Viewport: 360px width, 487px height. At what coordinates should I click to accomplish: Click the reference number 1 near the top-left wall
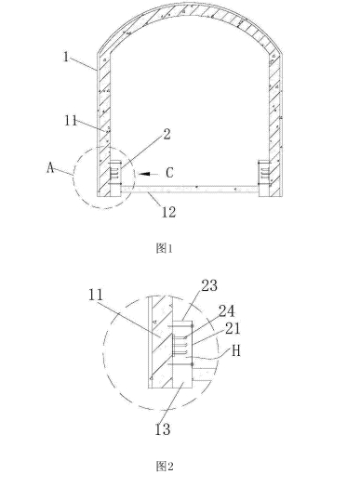point(66,57)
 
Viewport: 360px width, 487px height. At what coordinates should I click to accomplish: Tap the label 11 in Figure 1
point(71,121)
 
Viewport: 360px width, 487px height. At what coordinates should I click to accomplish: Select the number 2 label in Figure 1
point(167,134)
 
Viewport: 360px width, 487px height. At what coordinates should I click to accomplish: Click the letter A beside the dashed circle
point(50,168)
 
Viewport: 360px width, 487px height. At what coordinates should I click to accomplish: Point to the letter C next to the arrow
point(169,173)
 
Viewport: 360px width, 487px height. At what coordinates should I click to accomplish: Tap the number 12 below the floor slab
point(168,212)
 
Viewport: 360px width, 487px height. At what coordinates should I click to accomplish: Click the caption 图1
point(164,248)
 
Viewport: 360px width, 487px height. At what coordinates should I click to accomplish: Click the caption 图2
point(165,467)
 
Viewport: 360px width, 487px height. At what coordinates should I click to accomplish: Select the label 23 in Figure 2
point(209,285)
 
